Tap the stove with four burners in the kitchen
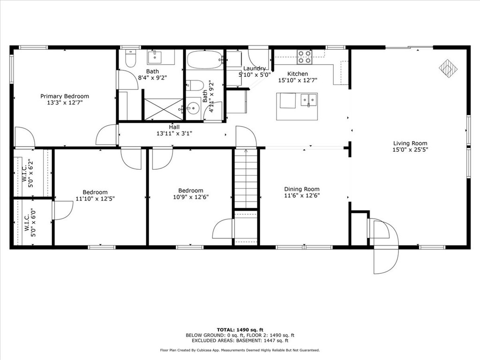click(304, 57)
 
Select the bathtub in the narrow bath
click(205, 60)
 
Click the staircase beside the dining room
click(246, 178)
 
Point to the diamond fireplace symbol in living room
click(448, 68)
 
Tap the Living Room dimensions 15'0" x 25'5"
click(410, 150)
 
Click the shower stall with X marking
click(163, 109)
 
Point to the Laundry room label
click(255, 68)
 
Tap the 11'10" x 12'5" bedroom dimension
click(95, 198)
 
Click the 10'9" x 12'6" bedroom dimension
click(190, 197)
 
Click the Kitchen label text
click(297, 74)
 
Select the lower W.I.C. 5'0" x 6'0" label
click(27, 223)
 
